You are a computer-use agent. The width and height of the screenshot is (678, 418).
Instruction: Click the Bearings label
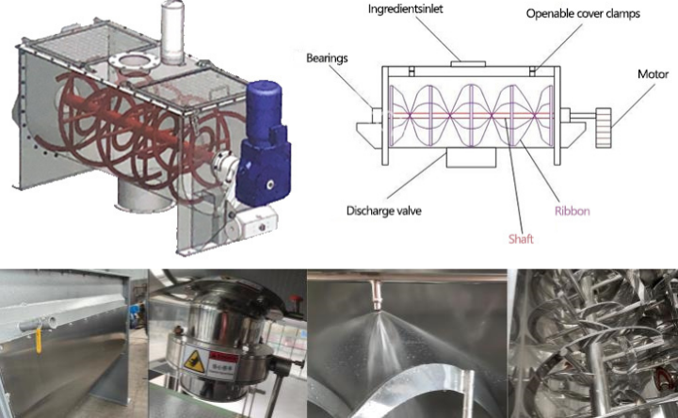point(327,58)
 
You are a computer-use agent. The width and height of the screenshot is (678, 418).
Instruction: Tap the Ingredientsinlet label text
point(406,9)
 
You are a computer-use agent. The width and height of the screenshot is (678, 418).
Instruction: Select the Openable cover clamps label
point(583,14)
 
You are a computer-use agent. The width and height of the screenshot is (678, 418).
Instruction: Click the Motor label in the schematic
point(653,74)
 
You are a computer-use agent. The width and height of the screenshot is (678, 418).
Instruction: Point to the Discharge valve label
point(384,211)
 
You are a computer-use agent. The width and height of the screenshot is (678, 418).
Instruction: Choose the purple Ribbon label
point(573,211)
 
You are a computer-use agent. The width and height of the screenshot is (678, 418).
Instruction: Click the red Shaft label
point(521,239)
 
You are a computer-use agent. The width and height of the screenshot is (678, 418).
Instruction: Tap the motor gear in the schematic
point(604,128)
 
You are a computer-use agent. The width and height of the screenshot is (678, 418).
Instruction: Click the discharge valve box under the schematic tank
point(471,157)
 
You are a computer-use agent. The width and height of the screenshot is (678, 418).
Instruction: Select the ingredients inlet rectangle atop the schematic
point(468,64)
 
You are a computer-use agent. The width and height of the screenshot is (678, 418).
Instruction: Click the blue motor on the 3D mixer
point(263,143)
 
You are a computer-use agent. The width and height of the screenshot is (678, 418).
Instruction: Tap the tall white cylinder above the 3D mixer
point(173,32)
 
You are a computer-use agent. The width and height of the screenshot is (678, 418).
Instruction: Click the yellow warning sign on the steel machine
point(194,362)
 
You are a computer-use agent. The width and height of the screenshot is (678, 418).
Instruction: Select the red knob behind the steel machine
point(296,299)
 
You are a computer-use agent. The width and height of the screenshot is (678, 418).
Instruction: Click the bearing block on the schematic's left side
point(377,116)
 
